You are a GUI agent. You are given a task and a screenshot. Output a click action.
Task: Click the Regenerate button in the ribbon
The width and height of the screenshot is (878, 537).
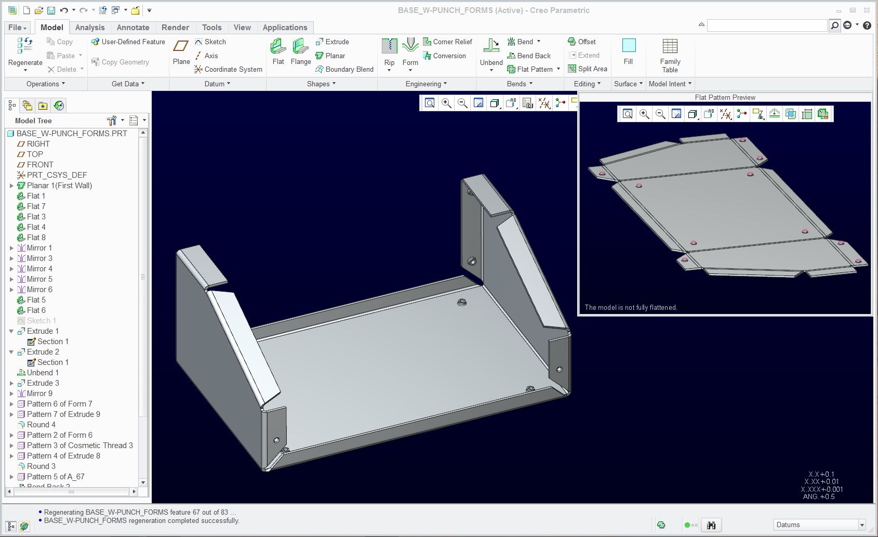(x=25, y=52)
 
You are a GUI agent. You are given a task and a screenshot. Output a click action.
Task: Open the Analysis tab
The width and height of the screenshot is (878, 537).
(x=89, y=28)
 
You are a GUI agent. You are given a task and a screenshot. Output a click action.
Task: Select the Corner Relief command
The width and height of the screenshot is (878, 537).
(x=447, y=42)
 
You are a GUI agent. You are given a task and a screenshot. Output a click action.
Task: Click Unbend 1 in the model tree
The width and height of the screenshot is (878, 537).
(x=43, y=373)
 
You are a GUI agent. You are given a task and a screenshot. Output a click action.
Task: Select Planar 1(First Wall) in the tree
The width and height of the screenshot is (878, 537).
(x=59, y=186)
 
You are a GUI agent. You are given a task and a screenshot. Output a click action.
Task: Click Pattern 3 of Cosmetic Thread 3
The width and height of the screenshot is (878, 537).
(x=79, y=446)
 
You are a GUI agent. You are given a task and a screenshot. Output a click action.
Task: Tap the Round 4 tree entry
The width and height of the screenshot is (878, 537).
(x=41, y=425)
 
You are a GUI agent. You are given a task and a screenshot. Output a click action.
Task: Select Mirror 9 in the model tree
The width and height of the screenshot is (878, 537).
(x=39, y=394)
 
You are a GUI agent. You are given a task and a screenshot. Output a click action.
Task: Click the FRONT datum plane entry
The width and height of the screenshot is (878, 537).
(x=40, y=165)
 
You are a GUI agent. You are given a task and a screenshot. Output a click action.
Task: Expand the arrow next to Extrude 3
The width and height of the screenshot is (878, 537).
(x=11, y=383)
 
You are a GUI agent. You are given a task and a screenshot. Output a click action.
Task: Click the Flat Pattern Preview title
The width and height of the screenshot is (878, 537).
(x=725, y=97)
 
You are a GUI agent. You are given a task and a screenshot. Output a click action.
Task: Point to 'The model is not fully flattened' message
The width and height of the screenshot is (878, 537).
(x=631, y=307)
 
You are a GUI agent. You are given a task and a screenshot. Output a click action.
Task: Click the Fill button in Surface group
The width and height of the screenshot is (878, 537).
(x=628, y=52)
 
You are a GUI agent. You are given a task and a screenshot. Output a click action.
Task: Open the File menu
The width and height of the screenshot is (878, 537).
(x=17, y=28)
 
